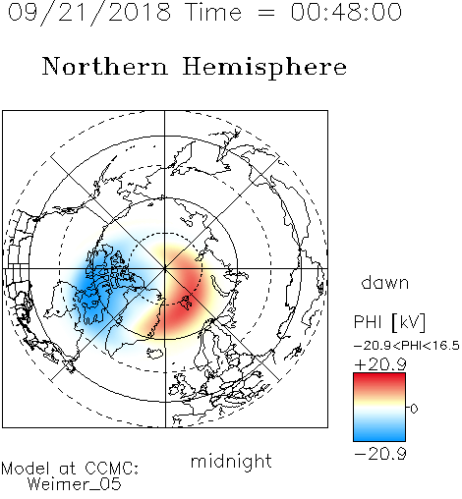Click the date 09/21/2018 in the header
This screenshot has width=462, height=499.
tap(89, 13)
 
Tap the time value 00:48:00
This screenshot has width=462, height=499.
tap(346, 12)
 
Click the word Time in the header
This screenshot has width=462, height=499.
tap(213, 12)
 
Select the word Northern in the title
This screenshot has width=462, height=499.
tap(105, 66)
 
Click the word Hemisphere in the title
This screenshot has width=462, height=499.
tap(264, 68)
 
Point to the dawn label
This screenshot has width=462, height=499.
tap(385, 282)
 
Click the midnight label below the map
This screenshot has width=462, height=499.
tap(231, 462)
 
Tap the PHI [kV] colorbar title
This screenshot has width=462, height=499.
tap(389, 322)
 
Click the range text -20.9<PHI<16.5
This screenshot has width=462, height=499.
tap(407, 346)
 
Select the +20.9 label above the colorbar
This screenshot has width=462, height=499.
tap(380, 364)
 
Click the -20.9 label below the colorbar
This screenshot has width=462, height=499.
tap(380, 454)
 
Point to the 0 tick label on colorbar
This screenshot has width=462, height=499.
tap(414, 409)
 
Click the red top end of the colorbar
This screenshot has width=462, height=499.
tap(379, 375)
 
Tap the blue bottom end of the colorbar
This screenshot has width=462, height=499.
tap(379, 438)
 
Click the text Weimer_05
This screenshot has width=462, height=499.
tap(75, 484)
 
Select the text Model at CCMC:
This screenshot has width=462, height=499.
tap(70, 469)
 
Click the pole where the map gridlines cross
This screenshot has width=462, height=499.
tap(165, 269)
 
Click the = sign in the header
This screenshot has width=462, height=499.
tap(266, 13)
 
